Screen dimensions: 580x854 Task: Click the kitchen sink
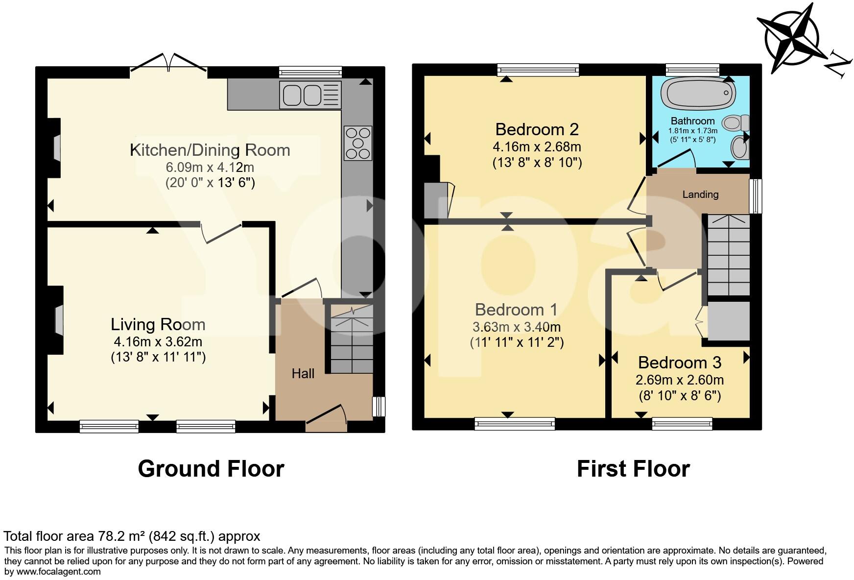[309, 95]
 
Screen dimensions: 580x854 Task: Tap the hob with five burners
[358, 143]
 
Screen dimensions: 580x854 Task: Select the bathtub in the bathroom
[697, 94]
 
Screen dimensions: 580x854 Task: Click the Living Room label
[158, 324]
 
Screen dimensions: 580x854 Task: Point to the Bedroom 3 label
[679, 362]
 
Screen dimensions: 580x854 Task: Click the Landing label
[700, 194]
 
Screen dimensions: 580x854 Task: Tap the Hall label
[303, 374]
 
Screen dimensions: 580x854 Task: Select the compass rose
[794, 39]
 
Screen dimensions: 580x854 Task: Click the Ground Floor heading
[211, 469]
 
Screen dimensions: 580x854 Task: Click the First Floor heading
[633, 469]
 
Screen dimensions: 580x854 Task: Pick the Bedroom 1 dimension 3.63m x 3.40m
[516, 327]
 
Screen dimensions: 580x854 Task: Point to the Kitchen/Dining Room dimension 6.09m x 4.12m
[210, 167]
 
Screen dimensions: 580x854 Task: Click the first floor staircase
[729, 255]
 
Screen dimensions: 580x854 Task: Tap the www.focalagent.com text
[59, 571]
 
